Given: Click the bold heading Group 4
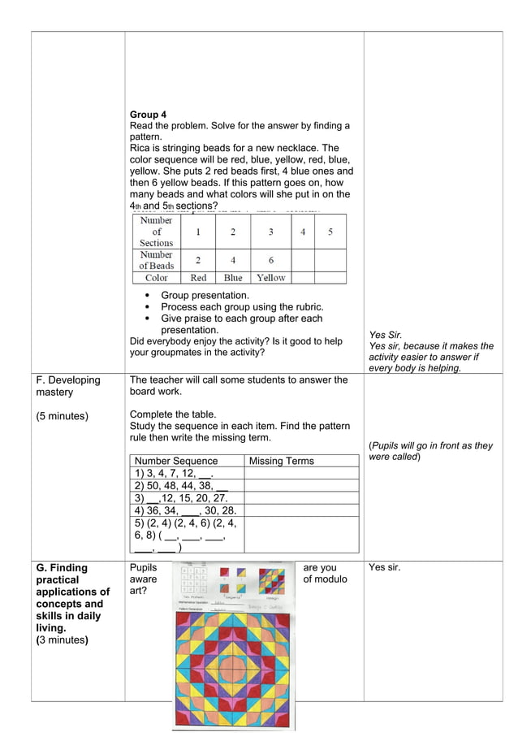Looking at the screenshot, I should pos(148,115).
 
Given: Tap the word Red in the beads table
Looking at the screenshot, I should pos(198,277).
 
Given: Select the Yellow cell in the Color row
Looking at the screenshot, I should pos(270,277).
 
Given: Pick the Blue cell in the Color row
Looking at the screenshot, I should pos(233,277).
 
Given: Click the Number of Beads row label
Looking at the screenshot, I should pos(156,260).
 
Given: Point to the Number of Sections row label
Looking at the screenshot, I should pos(156,232).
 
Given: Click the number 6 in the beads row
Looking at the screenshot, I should pos(270,260).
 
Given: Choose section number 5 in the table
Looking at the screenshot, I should pos(330,232).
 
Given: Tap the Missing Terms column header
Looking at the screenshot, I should pos(281,461).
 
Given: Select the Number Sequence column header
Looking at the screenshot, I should pos(177,461).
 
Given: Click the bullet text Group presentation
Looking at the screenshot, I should pos(205,296).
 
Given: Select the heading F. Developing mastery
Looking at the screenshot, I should pos(68,386).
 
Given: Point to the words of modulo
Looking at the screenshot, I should pos(325,579).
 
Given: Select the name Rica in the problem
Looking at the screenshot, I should pos(141,149).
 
